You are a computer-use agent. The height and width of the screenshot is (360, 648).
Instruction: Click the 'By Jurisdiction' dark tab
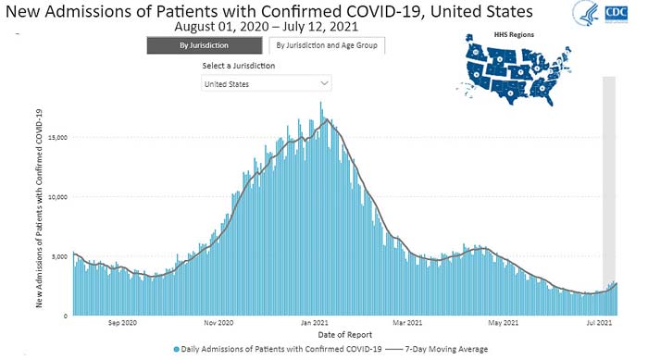click(205, 45)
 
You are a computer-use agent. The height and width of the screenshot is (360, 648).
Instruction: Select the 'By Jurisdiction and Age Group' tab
click(327, 45)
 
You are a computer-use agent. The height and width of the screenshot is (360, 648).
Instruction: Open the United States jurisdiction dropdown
click(267, 83)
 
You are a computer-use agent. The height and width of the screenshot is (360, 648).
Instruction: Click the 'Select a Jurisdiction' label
click(239, 66)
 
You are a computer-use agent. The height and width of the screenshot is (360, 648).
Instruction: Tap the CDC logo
click(617, 14)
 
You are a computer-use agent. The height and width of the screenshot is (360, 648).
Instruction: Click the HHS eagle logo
click(586, 13)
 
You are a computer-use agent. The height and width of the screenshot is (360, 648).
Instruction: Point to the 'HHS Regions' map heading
click(514, 35)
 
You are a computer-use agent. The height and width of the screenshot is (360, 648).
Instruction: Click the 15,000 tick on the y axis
click(57, 138)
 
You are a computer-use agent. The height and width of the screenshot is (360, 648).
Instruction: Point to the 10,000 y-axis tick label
click(57, 197)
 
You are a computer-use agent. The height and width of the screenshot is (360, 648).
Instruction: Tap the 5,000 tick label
click(59, 256)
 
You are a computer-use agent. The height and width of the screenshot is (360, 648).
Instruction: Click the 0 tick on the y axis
click(66, 317)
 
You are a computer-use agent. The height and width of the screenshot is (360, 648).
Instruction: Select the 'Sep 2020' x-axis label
click(122, 323)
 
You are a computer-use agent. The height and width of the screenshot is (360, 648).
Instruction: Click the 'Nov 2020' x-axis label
click(218, 323)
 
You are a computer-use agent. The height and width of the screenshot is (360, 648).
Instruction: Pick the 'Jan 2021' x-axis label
click(314, 323)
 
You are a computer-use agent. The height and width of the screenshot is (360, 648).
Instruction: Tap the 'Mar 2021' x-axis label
click(407, 323)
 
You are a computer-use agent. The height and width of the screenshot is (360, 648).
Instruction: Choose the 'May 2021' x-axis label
click(503, 323)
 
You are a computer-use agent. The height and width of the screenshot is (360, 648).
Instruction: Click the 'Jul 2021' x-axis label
click(599, 323)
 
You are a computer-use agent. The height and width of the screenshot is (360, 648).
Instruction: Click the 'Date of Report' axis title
click(345, 335)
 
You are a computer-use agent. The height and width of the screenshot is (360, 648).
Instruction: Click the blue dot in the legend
click(177, 350)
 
